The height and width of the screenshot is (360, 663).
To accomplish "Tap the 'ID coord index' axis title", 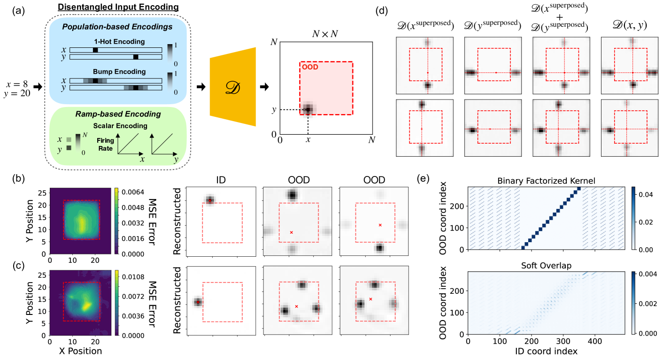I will pyautogui.click(x=543, y=351).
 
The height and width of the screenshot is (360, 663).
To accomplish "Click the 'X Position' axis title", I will pyautogui.click(x=77, y=351).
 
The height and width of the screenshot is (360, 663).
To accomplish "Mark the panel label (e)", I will pyautogui.click(x=422, y=178).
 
